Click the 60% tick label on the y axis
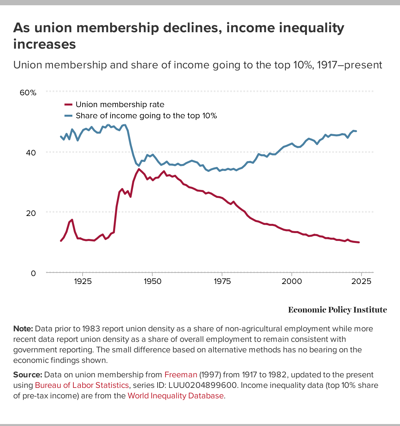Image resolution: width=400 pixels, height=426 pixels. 28,93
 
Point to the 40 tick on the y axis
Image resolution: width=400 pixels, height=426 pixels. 31,153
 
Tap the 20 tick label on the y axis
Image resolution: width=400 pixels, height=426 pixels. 31,213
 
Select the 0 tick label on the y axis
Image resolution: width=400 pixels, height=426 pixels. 33,273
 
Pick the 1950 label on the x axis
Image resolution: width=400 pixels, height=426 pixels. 152,281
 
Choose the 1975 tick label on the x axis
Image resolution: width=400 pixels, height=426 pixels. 222,281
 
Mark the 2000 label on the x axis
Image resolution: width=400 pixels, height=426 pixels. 292,281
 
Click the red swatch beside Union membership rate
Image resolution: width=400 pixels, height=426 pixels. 68,105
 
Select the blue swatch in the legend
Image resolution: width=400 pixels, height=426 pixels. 68,116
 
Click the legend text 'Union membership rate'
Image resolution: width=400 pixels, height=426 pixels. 120,105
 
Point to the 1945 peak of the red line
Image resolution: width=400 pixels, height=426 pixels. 139,169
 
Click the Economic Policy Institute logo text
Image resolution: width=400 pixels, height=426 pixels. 337,310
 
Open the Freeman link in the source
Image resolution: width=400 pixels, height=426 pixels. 181,375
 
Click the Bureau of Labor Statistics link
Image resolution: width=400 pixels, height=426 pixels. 82,385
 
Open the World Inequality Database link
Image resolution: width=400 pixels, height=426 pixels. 175,396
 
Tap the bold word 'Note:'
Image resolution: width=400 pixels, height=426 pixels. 23,329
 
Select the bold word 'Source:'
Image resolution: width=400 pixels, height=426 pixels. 28,375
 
